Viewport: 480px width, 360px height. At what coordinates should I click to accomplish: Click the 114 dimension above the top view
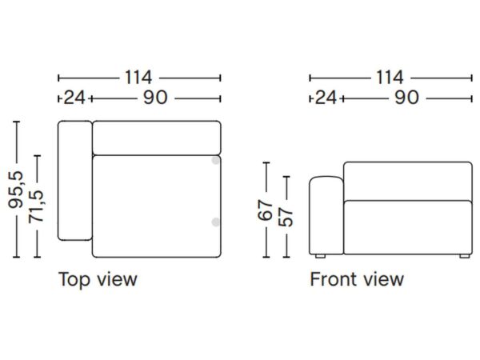138,78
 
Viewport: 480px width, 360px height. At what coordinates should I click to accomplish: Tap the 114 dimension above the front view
390,78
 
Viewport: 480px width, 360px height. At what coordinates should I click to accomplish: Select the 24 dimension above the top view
74,98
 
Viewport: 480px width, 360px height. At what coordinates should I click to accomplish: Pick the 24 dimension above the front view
326,98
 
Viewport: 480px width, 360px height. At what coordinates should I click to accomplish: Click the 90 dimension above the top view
155,98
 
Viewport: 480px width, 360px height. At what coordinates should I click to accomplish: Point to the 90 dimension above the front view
407,98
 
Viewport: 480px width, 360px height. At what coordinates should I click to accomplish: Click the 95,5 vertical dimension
16,190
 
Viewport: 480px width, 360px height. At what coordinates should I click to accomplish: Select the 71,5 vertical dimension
36,206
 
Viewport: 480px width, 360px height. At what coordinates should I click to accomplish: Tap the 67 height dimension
265,210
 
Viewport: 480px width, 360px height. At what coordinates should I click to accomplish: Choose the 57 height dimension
286,218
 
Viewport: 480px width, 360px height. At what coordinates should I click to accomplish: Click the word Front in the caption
332,279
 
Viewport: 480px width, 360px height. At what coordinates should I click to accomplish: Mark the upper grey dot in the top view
216,160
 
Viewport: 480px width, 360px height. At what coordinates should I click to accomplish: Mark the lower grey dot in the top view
216,222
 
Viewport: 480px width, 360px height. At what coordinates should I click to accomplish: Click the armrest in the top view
75,181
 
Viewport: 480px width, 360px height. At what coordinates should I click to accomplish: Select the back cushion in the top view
157,138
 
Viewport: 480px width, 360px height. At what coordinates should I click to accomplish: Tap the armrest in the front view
326,215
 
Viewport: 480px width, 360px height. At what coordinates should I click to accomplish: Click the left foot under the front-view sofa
320,256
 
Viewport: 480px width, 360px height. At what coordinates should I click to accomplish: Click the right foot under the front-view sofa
465,256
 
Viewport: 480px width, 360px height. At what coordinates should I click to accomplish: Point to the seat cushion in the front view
408,227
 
